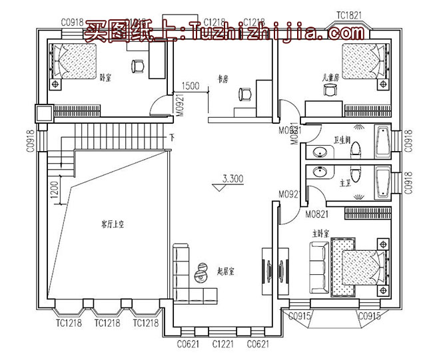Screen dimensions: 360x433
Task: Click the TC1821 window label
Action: (348, 13)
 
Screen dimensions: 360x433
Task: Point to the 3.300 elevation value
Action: (232, 178)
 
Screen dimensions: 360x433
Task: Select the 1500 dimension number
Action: (191, 86)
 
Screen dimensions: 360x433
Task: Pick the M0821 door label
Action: (317, 214)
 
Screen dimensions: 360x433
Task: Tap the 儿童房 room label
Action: (330, 78)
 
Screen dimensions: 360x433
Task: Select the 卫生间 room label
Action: (341, 140)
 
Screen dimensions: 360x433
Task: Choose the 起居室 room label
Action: (229, 271)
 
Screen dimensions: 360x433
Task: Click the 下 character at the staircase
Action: (172, 138)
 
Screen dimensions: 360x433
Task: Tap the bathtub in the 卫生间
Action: (384, 141)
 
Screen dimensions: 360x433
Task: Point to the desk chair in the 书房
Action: (244, 95)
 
